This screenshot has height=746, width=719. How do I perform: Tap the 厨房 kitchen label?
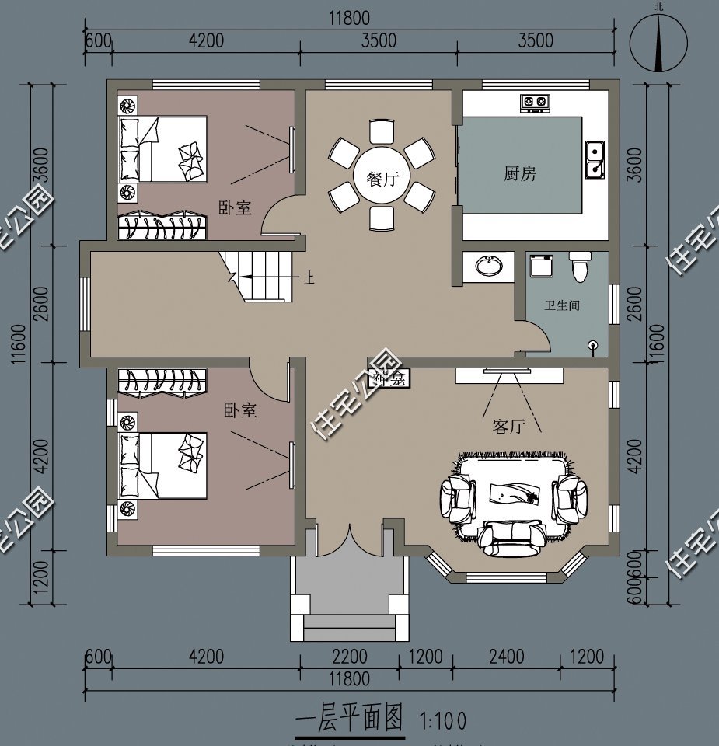[520, 173]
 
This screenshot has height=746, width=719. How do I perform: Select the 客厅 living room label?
[508, 426]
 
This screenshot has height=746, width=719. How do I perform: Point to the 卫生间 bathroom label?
[561, 306]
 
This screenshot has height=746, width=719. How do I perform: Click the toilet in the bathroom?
[580, 267]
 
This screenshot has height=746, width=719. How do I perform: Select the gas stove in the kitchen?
[532, 102]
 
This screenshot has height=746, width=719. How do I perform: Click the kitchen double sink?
[594, 159]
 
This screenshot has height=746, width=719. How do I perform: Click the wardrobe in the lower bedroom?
[164, 381]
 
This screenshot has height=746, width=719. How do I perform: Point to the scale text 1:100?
[443, 722]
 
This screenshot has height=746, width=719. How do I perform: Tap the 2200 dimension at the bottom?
[349, 657]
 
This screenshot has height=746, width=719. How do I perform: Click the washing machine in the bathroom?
[540, 267]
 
